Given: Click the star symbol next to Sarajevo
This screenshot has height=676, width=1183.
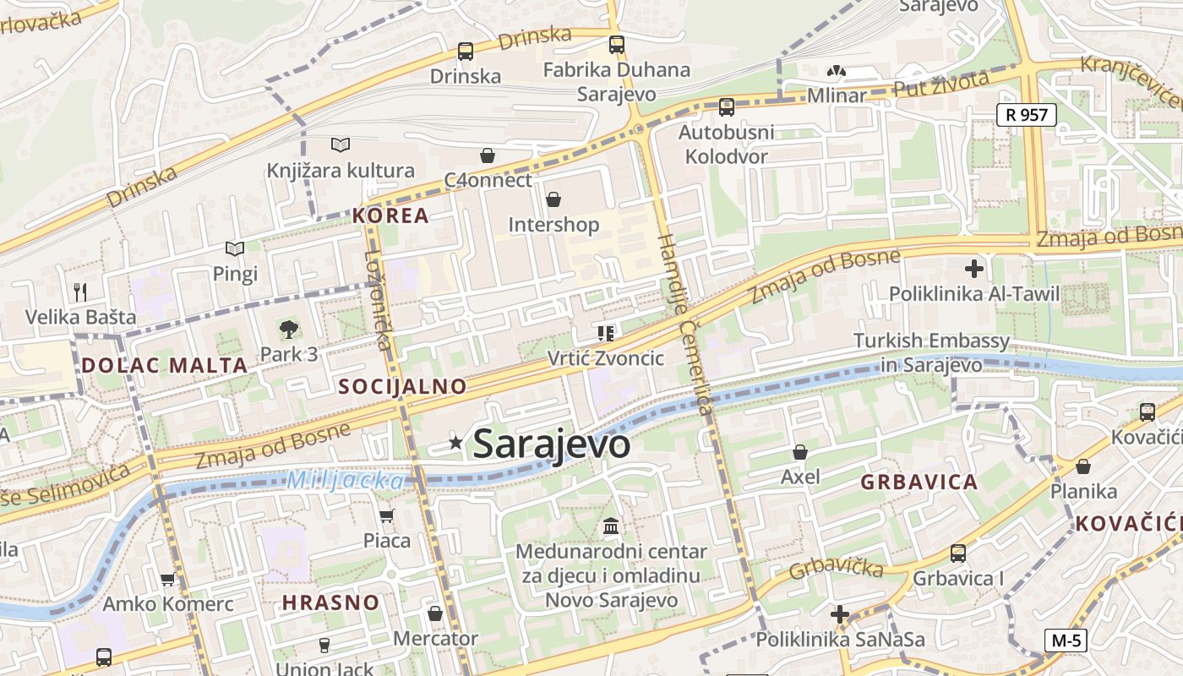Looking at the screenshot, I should [456, 442].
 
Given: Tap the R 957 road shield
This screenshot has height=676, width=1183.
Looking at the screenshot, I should [1027, 114].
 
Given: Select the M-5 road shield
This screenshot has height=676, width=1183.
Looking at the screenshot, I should [1066, 641].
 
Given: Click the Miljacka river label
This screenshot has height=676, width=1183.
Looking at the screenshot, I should [345, 481].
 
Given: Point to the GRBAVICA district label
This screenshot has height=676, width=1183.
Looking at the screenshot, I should [919, 482].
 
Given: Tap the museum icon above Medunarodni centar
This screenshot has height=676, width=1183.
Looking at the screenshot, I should [611, 527].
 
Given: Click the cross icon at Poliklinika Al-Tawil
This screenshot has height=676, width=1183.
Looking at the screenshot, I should [974, 270].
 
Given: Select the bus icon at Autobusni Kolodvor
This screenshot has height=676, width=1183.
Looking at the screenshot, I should [727, 107].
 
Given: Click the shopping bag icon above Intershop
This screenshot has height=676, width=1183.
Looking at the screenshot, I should [553, 199].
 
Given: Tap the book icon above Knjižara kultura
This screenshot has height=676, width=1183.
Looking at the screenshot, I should [341, 145].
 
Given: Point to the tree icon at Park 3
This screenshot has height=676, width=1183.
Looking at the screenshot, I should [289, 330].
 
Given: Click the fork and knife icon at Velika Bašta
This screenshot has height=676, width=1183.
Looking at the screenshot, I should [80, 292].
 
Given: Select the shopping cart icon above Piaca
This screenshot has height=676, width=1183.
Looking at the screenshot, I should [386, 515].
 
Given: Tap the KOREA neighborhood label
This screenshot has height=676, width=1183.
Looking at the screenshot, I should [390, 215].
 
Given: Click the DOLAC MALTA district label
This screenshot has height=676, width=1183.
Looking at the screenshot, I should [165, 366].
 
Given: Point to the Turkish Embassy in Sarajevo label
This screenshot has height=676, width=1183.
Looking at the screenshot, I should [931, 352].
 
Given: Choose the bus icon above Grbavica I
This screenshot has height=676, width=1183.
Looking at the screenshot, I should [958, 553].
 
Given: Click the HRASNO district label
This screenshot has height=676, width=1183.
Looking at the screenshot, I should [330, 602].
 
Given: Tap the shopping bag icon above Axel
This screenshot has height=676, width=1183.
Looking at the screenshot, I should [800, 452].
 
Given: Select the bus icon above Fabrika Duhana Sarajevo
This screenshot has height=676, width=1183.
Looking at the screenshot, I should [617, 45].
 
